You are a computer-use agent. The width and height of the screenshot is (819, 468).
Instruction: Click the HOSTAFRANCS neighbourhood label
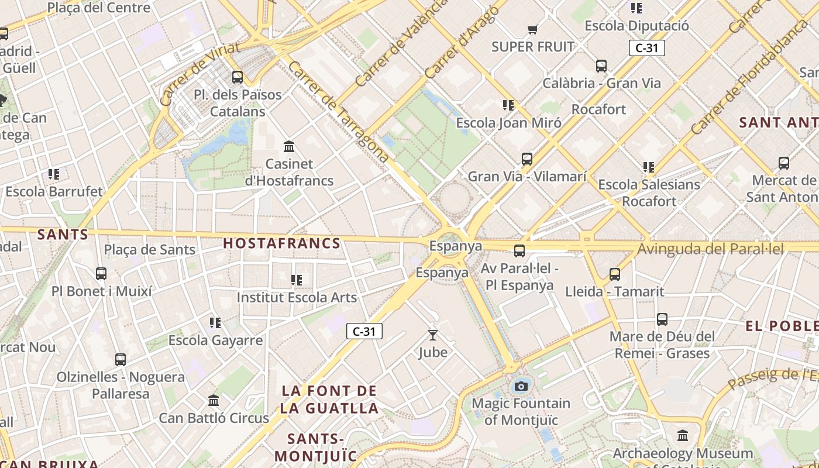[281, 243]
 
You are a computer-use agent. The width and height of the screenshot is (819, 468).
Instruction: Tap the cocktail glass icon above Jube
[432, 335]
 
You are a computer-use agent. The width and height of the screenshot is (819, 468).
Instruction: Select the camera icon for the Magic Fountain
[521, 386]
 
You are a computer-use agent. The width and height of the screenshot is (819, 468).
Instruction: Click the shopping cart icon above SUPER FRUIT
[532, 29]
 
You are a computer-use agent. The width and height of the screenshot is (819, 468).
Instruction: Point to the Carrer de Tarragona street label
[338, 111]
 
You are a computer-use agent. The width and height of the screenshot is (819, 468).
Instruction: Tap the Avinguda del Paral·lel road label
[710, 249]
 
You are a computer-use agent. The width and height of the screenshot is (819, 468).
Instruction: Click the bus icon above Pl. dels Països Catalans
[237, 77]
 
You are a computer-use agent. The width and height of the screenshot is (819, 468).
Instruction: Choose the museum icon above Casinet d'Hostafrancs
[289, 146]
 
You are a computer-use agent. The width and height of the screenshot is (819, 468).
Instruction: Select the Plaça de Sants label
[150, 250]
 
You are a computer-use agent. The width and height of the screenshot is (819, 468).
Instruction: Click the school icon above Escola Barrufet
[54, 174]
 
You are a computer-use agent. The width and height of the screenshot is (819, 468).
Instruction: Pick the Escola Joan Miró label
[508, 123]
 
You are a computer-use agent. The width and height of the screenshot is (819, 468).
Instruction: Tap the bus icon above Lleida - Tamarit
[614, 274]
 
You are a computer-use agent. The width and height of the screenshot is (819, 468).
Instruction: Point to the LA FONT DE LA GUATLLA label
[329, 399]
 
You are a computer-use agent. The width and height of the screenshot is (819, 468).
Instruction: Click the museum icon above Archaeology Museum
[682, 436]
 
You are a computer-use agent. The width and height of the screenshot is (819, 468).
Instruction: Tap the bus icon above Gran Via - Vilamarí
[526, 159]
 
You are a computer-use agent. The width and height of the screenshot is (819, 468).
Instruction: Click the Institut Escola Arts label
[296, 297]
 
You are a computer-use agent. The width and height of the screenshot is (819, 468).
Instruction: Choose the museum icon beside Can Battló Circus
[214, 401]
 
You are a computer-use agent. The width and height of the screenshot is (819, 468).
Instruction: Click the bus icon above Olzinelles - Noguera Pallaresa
[120, 360]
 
